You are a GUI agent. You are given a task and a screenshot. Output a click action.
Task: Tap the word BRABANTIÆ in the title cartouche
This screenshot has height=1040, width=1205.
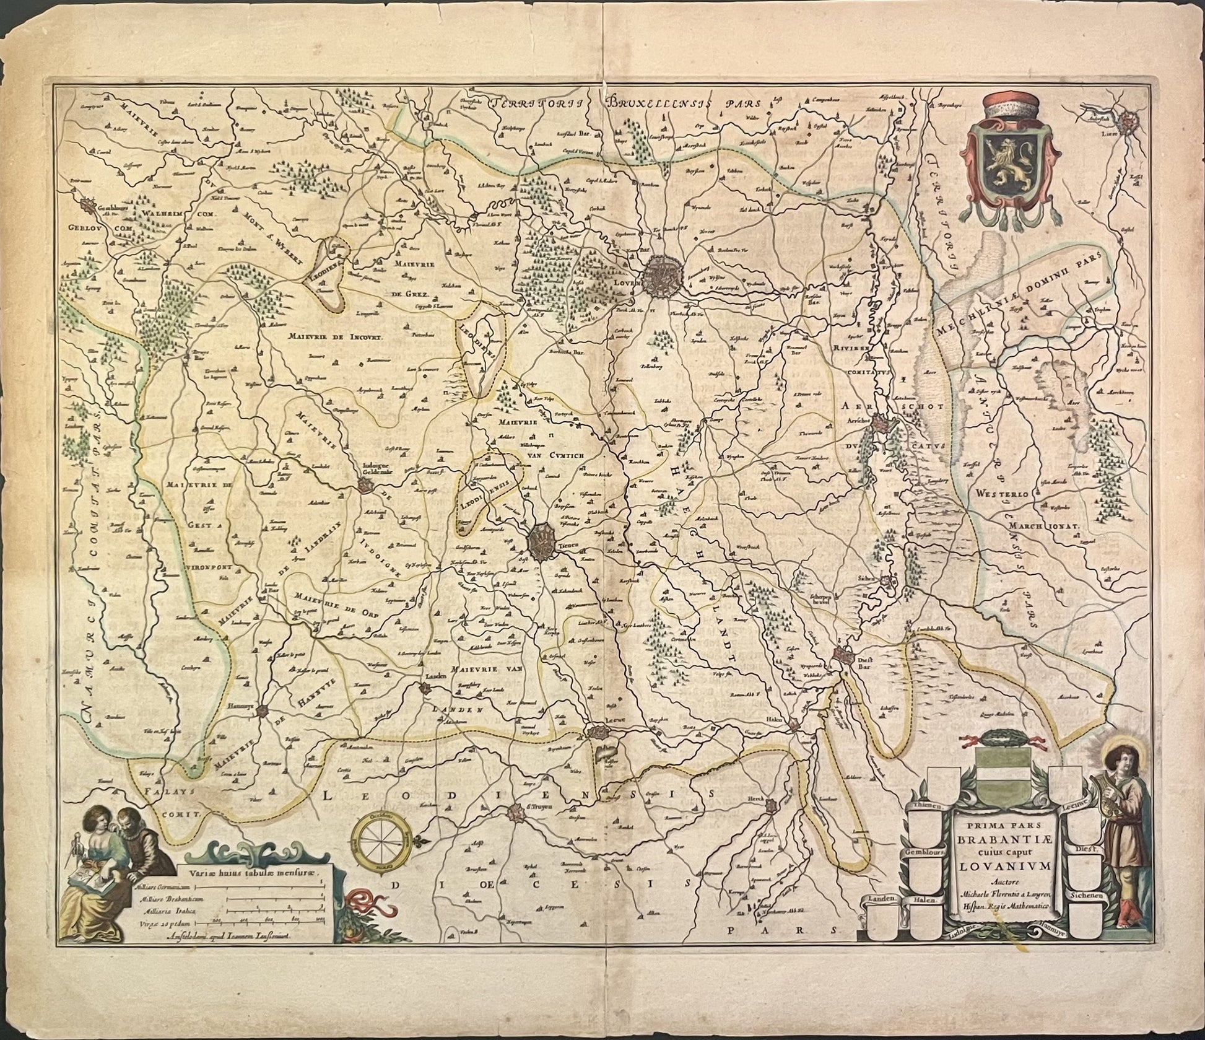(x=1004, y=841)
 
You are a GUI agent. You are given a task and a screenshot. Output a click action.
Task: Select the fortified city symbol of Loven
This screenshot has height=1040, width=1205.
(x=663, y=278)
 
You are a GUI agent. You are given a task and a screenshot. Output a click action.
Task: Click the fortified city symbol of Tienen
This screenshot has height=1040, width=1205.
(x=543, y=541)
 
